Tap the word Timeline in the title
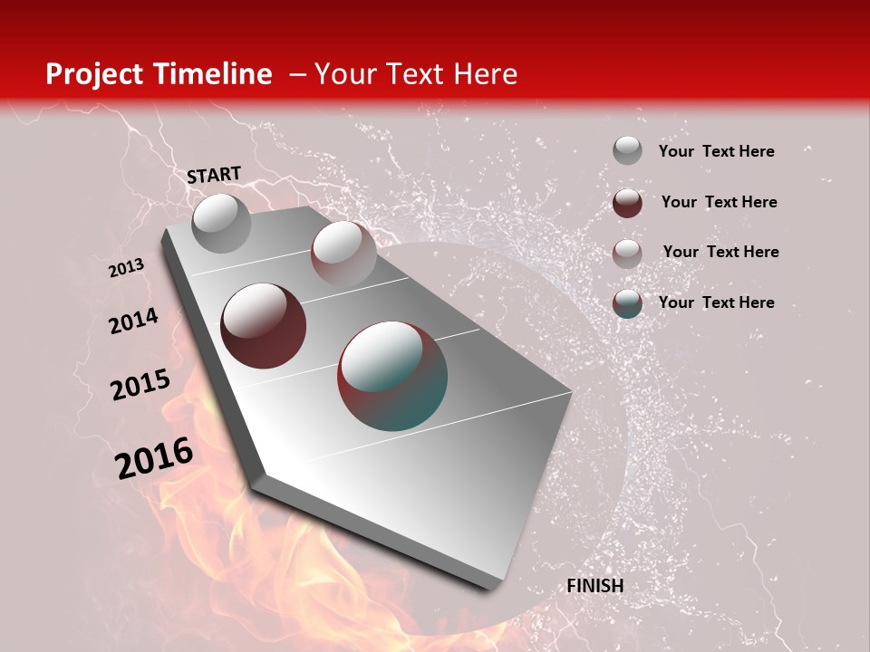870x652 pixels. coord(217,74)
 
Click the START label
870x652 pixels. coord(214,174)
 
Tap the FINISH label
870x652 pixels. coord(595,586)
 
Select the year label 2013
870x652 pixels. coord(126,268)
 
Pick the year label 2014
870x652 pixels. coord(133,321)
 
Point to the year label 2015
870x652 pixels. coord(140,385)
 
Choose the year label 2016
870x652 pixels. coord(154,458)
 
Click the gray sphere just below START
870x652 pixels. coord(221,223)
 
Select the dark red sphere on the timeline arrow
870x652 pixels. coord(264,325)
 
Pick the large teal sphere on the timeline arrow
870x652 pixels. coord(392,376)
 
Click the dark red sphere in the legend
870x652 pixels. coord(627,203)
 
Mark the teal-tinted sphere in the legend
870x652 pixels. coord(627,303)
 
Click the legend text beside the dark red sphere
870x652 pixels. coord(719,202)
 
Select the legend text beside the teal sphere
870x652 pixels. coord(716,302)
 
